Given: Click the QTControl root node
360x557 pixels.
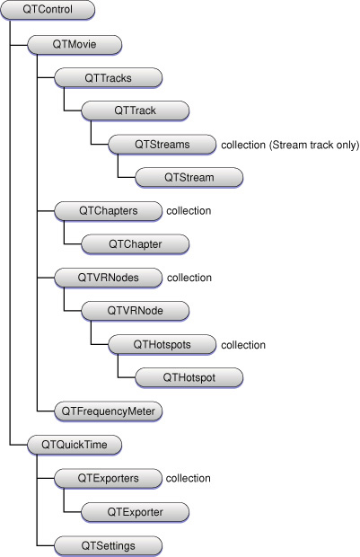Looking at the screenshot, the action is pyautogui.click(x=48, y=10).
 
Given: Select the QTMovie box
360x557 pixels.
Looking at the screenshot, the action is pyautogui.click(x=75, y=44).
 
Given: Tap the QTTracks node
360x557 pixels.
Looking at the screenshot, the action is pyautogui.click(x=109, y=78).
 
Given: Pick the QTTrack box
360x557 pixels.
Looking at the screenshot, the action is pyautogui.click(x=136, y=111).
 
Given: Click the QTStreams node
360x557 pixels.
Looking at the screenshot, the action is pyautogui.click(x=162, y=145).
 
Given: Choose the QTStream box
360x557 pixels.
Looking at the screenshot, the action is pyautogui.click(x=189, y=178).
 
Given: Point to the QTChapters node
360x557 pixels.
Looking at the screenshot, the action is pyautogui.click(x=109, y=211).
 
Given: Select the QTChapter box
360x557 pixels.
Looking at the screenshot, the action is pyautogui.click(x=136, y=244).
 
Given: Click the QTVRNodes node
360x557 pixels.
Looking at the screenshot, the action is pyautogui.click(x=109, y=278).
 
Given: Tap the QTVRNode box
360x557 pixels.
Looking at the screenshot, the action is pyautogui.click(x=136, y=311).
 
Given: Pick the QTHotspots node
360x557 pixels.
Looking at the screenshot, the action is pyautogui.click(x=162, y=345).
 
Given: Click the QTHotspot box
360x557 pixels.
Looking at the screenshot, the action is pyautogui.click(x=189, y=377).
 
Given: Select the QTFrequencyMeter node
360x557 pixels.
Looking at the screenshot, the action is pyautogui.click(x=109, y=411).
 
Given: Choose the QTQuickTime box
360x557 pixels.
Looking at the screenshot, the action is pyautogui.click(x=75, y=445).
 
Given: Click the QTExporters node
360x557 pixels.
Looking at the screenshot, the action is pyautogui.click(x=109, y=479).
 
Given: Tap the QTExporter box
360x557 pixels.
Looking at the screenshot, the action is pyautogui.click(x=136, y=512).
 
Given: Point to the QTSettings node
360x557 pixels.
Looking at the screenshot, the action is pyautogui.click(x=109, y=545).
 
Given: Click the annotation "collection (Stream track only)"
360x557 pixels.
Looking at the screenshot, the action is pyautogui.click(x=290, y=145).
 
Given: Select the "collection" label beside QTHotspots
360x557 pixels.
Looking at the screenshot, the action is pyautogui.click(x=243, y=345).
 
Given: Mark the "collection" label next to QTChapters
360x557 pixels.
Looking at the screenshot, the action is pyautogui.click(x=189, y=211).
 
